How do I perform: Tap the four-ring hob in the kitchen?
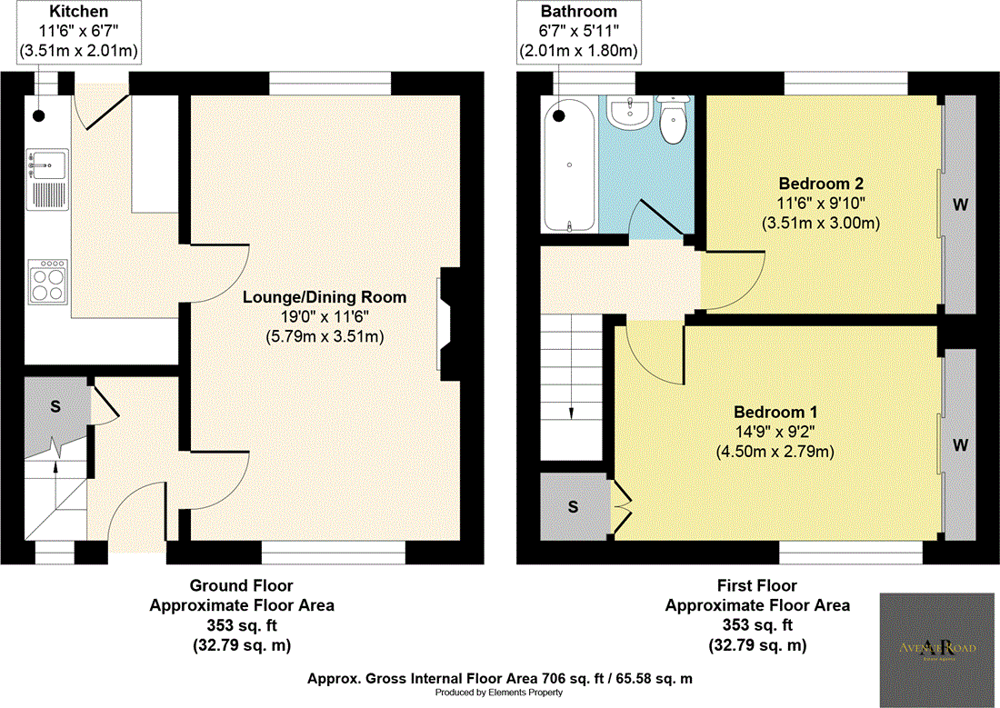pyautogui.click(x=47, y=282)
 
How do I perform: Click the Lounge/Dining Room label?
pyautogui.click(x=324, y=297)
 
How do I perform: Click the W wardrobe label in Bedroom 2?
pyautogui.click(x=958, y=204)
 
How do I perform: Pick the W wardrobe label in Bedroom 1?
pyautogui.click(x=958, y=445)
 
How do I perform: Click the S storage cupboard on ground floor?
pyautogui.click(x=55, y=406)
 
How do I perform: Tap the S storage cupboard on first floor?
pyautogui.click(x=573, y=507)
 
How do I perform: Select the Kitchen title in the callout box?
pyautogui.click(x=78, y=12)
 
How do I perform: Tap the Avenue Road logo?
pyautogui.click(x=937, y=647)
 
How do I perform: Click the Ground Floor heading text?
pyautogui.click(x=241, y=585)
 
